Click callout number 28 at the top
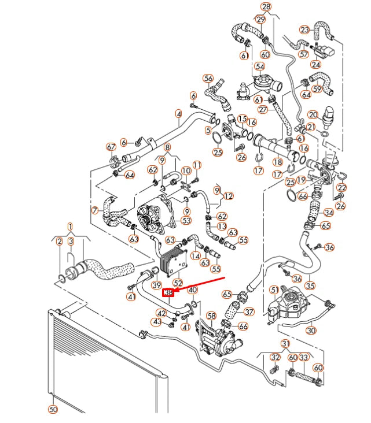pyautogui.click(x=266, y=7)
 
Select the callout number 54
pyautogui.click(x=259, y=67)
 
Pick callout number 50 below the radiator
pyautogui.click(x=53, y=409)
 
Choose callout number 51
pyautogui.click(x=274, y=290)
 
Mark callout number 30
pyautogui.click(x=311, y=330)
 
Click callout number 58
pyautogui.click(x=212, y=316)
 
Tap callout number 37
pyautogui.click(x=249, y=311)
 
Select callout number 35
pyautogui.click(x=310, y=285)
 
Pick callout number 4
pyautogui.click(x=178, y=114)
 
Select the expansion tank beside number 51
pyautogui.click(x=294, y=303)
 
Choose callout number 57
pyautogui.click(x=304, y=54)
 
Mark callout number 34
pyautogui.click(x=329, y=213)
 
